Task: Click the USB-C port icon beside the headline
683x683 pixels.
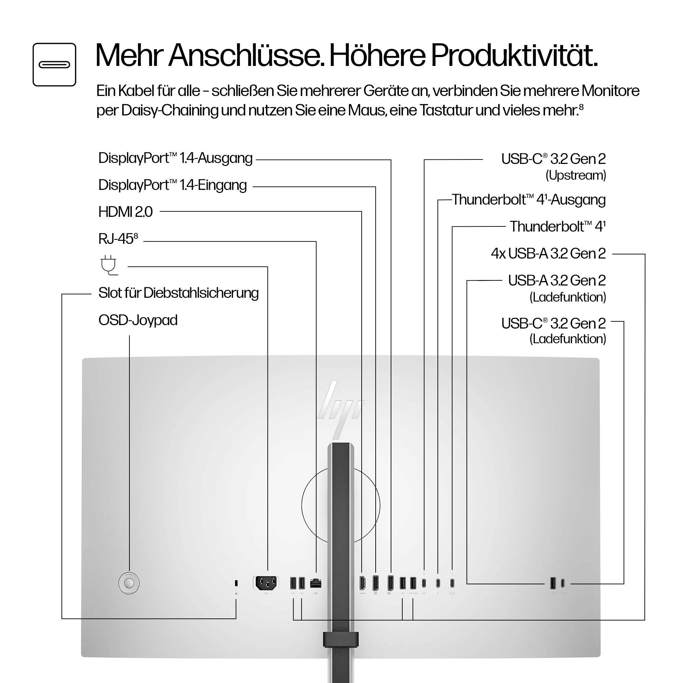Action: pyautogui.click(x=54, y=64)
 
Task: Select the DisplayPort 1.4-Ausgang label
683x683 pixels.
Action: pyautogui.click(x=175, y=158)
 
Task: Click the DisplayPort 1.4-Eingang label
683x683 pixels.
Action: pyautogui.click(x=172, y=185)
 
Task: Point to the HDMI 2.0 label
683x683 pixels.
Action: pyautogui.click(x=125, y=212)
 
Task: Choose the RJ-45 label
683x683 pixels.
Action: pyautogui.click(x=118, y=239)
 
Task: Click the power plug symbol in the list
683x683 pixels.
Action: pyautogui.click(x=109, y=265)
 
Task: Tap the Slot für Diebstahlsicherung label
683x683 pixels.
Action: pyautogui.click(x=179, y=293)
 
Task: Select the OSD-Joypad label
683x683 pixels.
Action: pyautogui.click(x=138, y=320)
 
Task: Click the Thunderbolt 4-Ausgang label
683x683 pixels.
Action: pyautogui.click(x=529, y=200)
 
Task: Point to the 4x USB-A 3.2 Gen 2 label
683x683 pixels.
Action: pyautogui.click(x=548, y=253)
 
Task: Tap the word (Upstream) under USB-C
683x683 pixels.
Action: pyautogui.click(x=575, y=175)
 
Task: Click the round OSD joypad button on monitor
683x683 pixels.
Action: pyautogui.click(x=129, y=583)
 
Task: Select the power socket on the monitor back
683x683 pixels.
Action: pyautogui.click(x=266, y=583)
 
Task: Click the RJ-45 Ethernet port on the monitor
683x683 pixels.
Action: pyautogui.click(x=315, y=583)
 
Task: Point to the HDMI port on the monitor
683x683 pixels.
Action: pyautogui.click(x=362, y=583)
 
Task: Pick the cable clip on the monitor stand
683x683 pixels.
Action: pyautogui.click(x=340, y=640)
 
